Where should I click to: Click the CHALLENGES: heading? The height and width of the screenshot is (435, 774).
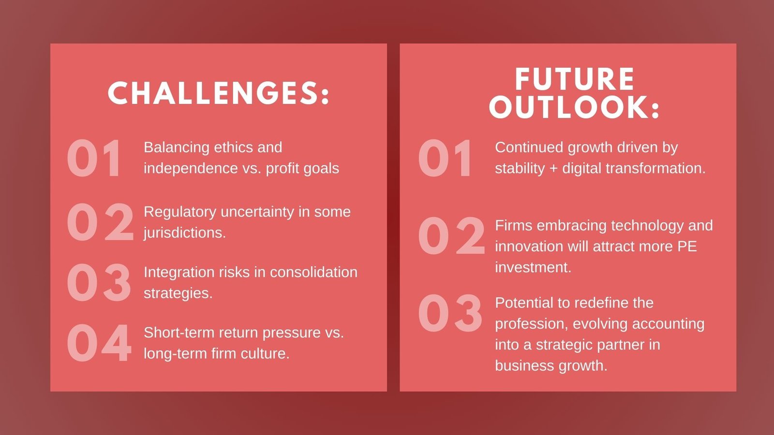pyautogui.click(x=218, y=93)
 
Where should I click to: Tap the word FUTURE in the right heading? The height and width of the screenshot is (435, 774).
pyautogui.click(x=575, y=79)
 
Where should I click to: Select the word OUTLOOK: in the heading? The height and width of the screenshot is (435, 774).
pyautogui.click(x=574, y=107)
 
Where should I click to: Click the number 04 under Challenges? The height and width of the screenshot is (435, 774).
pyautogui.click(x=99, y=343)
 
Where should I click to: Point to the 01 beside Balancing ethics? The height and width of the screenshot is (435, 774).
pyautogui.click(x=94, y=158)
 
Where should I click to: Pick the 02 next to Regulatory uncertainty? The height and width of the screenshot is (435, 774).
pyautogui.click(x=100, y=222)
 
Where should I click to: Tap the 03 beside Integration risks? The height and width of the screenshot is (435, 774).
pyautogui.click(x=99, y=282)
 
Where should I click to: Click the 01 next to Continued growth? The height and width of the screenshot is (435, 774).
pyautogui.click(x=445, y=158)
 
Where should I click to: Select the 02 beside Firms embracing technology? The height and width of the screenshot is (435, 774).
pyautogui.click(x=451, y=235)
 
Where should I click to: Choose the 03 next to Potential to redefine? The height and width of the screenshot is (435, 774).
pyautogui.click(x=450, y=313)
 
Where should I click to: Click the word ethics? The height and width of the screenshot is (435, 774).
pyautogui.click(x=234, y=147)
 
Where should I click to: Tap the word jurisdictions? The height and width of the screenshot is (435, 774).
pyautogui.click(x=185, y=233)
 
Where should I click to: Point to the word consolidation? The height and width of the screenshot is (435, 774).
pyautogui.click(x=314, y=273)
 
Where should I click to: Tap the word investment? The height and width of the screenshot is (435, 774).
pyautogui.click(x=533, y=268)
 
